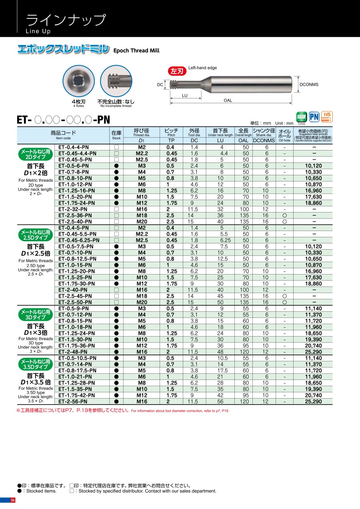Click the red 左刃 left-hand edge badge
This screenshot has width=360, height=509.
(177, 71)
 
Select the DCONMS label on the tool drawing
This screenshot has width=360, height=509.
(309, 84)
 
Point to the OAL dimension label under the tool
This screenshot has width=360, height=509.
(228, 100)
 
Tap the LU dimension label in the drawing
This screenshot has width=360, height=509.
(184, 96)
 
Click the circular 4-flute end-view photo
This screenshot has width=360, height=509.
(79, 81)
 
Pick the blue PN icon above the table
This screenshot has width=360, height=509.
(314, 117)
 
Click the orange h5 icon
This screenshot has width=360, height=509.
(327, 116)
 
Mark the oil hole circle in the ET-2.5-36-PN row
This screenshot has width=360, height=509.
(284, 215)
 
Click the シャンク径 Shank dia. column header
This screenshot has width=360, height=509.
(264, 132)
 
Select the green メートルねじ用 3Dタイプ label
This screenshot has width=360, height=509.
(35, 315)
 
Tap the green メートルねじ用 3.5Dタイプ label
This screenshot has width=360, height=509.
(35, 364)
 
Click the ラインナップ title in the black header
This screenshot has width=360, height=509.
(66, 19)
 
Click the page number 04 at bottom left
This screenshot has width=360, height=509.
(12, 500)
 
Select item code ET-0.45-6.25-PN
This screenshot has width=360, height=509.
(78, 240)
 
